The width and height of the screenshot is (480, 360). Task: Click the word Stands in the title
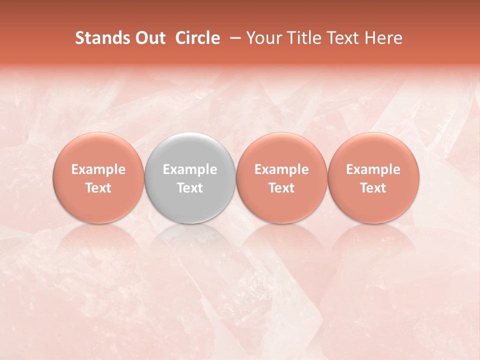(101, 38)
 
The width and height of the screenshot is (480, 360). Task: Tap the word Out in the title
(148, 38)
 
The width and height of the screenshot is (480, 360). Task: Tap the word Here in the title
(384, 38)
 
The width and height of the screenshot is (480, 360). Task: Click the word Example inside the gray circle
(190, 169)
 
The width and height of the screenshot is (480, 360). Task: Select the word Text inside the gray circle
(190, 188)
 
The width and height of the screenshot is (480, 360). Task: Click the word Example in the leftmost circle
(98, 169)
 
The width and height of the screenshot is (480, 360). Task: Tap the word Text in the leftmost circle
(98, 188)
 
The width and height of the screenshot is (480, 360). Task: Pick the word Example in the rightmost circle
(373, 169)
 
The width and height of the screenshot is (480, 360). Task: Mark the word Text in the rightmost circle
(373, 188)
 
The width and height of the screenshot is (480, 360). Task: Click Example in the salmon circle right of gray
(281, 169)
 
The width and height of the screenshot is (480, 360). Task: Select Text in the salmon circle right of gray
(281, 188)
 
